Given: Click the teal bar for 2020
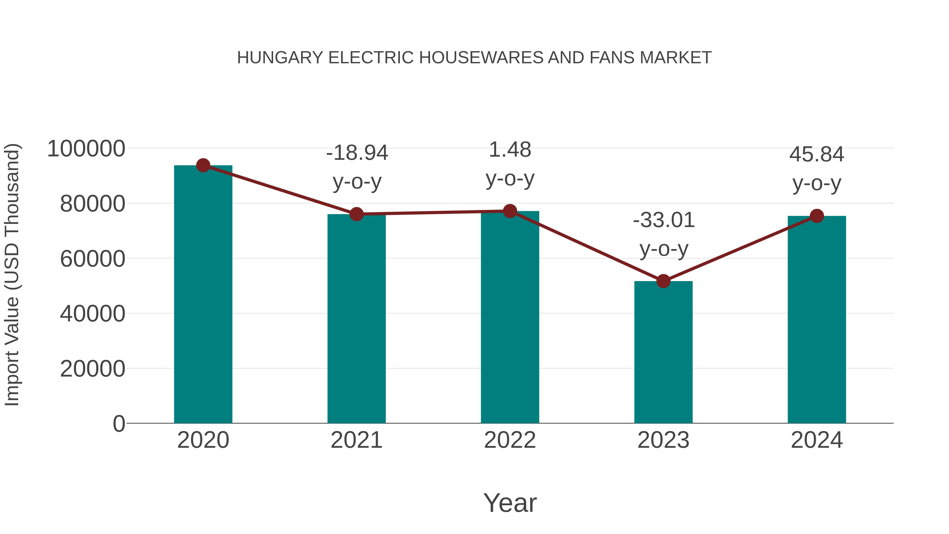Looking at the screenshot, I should click(203, 295).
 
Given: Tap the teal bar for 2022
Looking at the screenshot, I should click(510, 317).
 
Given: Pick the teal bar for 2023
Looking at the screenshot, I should click(663, 352).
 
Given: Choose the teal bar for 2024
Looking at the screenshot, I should click(817, 320).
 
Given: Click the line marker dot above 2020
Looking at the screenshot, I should click(203, 165).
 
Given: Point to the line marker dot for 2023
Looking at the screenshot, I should click(663, 281).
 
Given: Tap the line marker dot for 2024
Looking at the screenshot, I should click(817, 216).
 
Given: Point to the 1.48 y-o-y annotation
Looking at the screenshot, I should click(510, 164).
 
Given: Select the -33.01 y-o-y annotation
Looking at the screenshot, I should click(664, 234).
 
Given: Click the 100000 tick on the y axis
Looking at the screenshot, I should click(86, 149).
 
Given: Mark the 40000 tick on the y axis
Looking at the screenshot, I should click(93, 314).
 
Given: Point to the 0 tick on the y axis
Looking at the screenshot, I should click(119, 424).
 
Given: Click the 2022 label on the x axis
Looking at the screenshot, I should click(510, 440).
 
